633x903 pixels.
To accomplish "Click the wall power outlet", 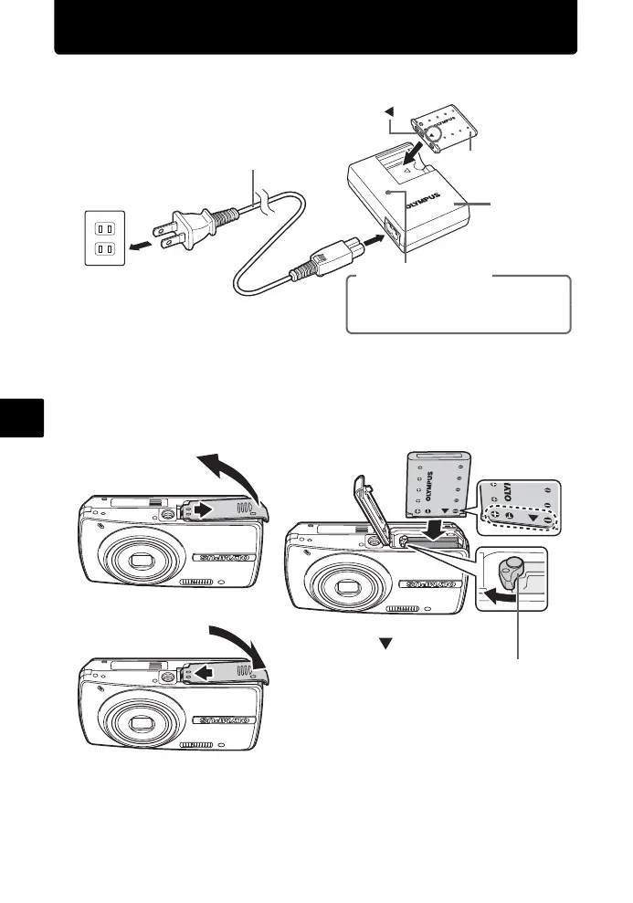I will coord(103,236).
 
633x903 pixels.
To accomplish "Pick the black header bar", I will coord(315,27).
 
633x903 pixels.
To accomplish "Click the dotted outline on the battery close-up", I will coord(517,519).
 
